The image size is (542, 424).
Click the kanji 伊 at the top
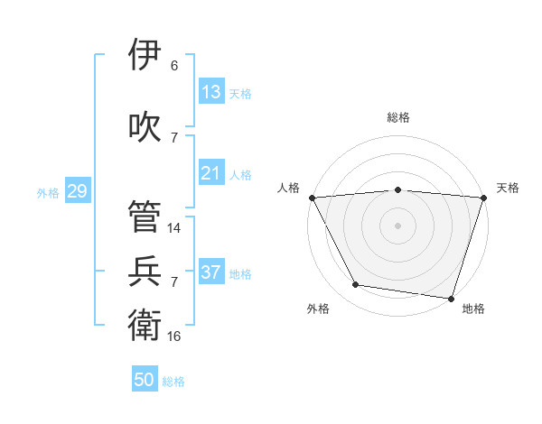coord(145,53)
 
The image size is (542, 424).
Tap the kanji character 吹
coord(145,125)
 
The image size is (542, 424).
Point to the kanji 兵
coord(145,271)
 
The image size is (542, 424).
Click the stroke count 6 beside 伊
coord(173,65)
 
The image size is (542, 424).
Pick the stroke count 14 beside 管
coord(173,227)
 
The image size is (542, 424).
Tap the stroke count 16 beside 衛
coord(173,336)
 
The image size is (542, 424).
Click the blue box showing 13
coord(210,91)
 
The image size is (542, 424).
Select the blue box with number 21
coord(210,172)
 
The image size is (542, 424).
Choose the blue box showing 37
coord(210,272)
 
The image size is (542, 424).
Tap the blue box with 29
coord(76,190)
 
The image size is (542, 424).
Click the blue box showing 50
coord(144,380)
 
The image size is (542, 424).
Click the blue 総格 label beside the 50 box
coord(173,382)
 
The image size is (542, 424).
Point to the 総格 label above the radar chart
coord(398,117)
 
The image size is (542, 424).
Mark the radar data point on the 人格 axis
coord(312,197)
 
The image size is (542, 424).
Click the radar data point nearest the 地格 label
coord(451,298)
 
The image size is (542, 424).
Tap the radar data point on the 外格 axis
coord(355,285)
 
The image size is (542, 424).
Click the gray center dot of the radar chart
coord(398,225)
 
